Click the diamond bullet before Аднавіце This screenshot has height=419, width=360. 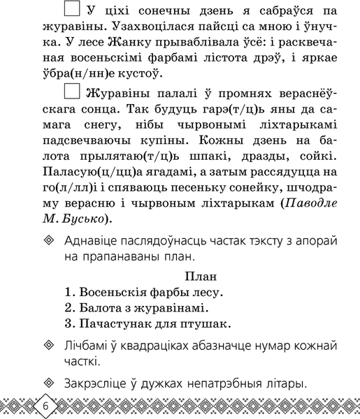pos(48,241)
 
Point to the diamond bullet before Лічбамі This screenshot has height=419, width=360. pos(48,347)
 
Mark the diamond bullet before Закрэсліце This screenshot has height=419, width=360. pos(48,383)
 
